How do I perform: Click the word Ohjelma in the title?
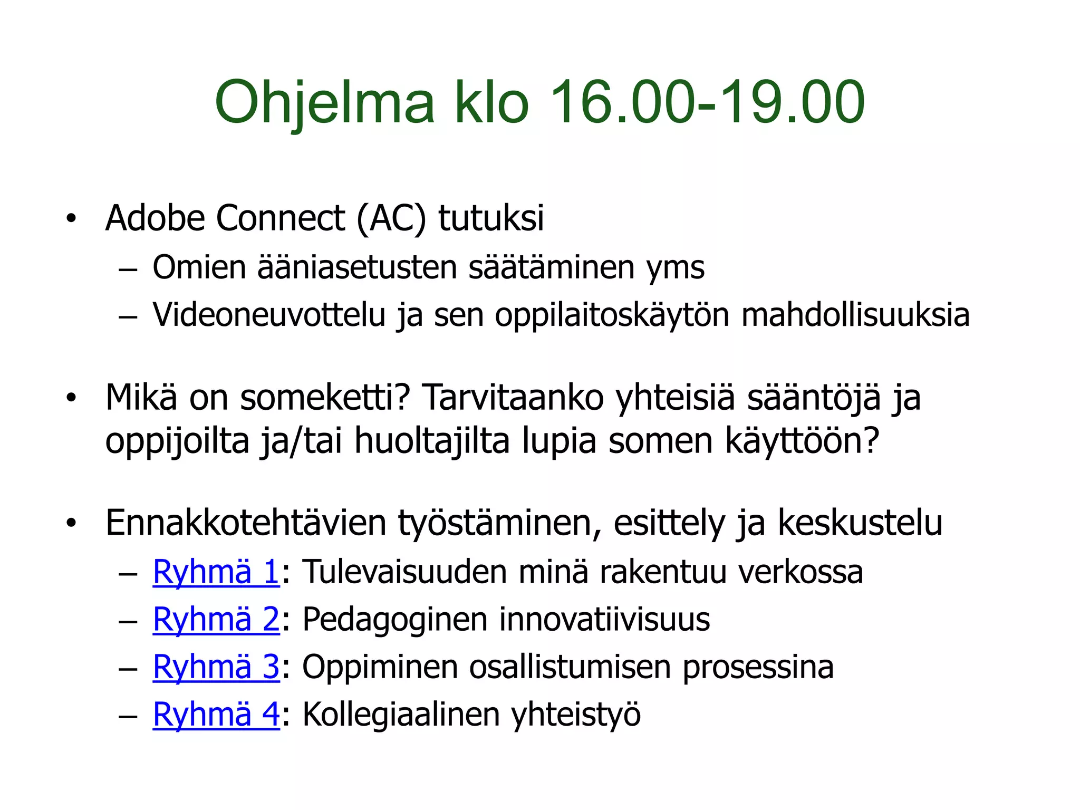tap(324, 103)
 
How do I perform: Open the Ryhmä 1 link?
tap(216, 572)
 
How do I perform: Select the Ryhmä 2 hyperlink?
tap(216, 619)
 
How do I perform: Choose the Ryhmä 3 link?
tap(216, 667)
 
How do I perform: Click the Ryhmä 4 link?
tap(216, 715)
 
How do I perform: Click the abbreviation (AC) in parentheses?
tap(391, 218)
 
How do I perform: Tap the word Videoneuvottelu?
tap(269, 315)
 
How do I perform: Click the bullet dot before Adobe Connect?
tap(71, 218)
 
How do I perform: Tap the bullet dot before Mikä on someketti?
tap(71, 398)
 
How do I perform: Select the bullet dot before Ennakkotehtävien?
tap(71, 523)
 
